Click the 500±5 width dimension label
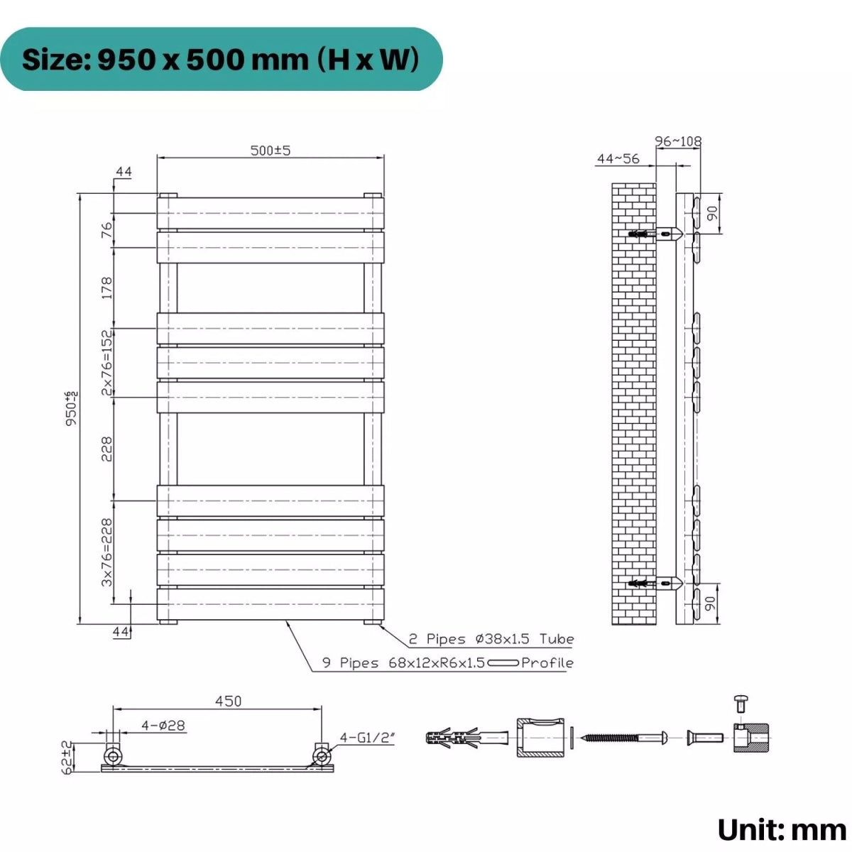pos(271,151)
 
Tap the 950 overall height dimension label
pos(71,408)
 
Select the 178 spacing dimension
pos(106,288)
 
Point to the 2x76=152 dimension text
pos(106,362)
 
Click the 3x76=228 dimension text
pos(106,552)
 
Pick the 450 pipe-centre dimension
pos(228,701)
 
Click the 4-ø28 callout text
pos(163,725)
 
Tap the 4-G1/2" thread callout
pos(367,738)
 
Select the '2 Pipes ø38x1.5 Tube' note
pos(491,639)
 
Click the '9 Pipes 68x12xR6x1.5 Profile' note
pos(447,662)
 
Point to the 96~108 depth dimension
pos(677,141)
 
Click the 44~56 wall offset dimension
pos(618,158)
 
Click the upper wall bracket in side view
pos(660,233)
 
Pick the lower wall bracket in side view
pos(660,584)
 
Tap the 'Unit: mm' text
pos(782,829)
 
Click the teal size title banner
pos(221,60)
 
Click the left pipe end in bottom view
pos(113,755)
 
